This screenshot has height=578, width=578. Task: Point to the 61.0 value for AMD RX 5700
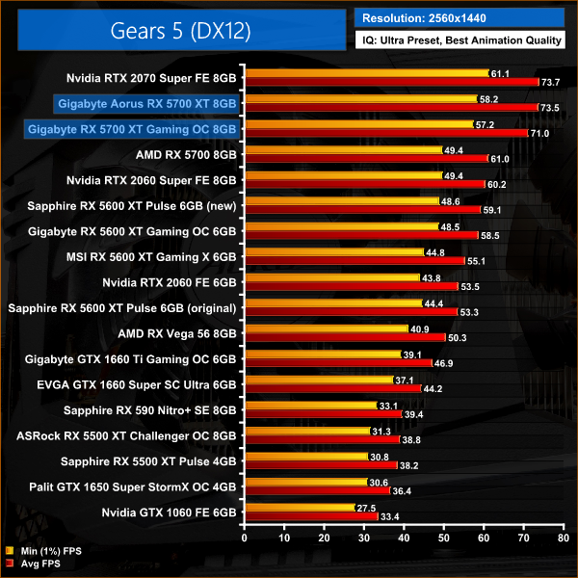pos(500,159)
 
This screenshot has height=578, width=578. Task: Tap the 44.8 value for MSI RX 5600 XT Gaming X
pos(434,253)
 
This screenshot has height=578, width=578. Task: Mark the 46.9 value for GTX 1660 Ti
pos(444,363)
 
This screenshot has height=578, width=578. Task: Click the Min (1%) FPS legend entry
pos(47,551)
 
